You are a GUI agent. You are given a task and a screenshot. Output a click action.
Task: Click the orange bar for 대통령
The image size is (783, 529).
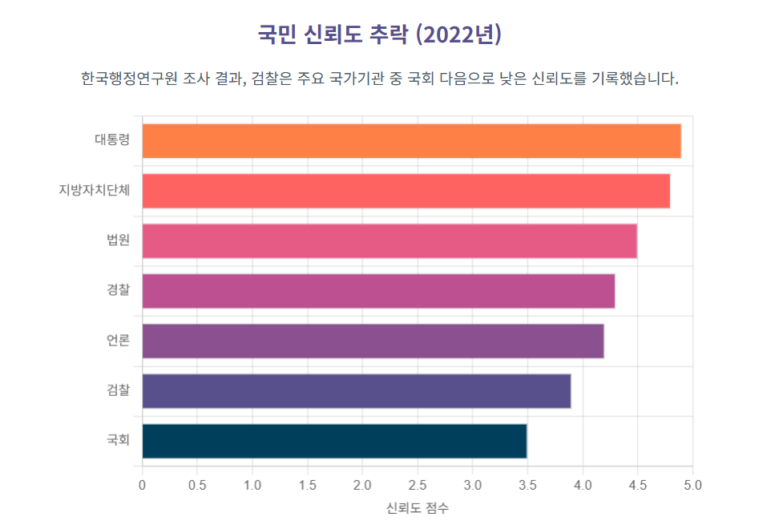pos(411,141)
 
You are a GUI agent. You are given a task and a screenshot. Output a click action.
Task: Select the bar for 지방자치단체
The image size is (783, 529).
pos(406,191)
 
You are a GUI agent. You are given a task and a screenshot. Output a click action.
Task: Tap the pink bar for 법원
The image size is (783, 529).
pos(389,241)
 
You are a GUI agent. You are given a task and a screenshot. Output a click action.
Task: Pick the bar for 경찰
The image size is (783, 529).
pos(378,291)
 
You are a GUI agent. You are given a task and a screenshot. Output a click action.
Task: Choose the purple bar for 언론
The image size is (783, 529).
pos(373,341)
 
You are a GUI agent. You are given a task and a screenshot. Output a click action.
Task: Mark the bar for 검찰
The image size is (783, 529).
pos(357,391)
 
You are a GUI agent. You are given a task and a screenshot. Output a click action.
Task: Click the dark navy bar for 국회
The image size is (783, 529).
pos(334,441)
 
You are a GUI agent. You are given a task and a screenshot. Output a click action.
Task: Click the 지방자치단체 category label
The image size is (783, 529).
pos(94,191)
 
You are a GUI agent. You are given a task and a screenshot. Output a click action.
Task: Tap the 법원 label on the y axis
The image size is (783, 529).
pos(118,241)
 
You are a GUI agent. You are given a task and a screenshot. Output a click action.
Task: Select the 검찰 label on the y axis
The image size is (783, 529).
pos(118,391)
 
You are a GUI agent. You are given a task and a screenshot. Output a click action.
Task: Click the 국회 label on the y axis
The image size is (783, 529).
pos(118,441)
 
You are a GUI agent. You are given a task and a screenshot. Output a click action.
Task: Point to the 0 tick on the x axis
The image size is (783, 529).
pos(143,485)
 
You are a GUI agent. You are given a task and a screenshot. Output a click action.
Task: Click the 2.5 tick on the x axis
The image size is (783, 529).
pos(418,485)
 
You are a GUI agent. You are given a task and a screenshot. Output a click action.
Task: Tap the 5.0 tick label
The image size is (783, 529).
pos(692,485)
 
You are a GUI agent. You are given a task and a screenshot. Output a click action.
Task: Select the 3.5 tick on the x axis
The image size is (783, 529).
pos(527,485)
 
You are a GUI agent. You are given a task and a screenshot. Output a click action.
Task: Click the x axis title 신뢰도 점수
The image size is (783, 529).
pos(418,508)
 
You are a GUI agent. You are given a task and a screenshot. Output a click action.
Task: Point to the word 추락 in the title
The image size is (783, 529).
pos(388,34)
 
